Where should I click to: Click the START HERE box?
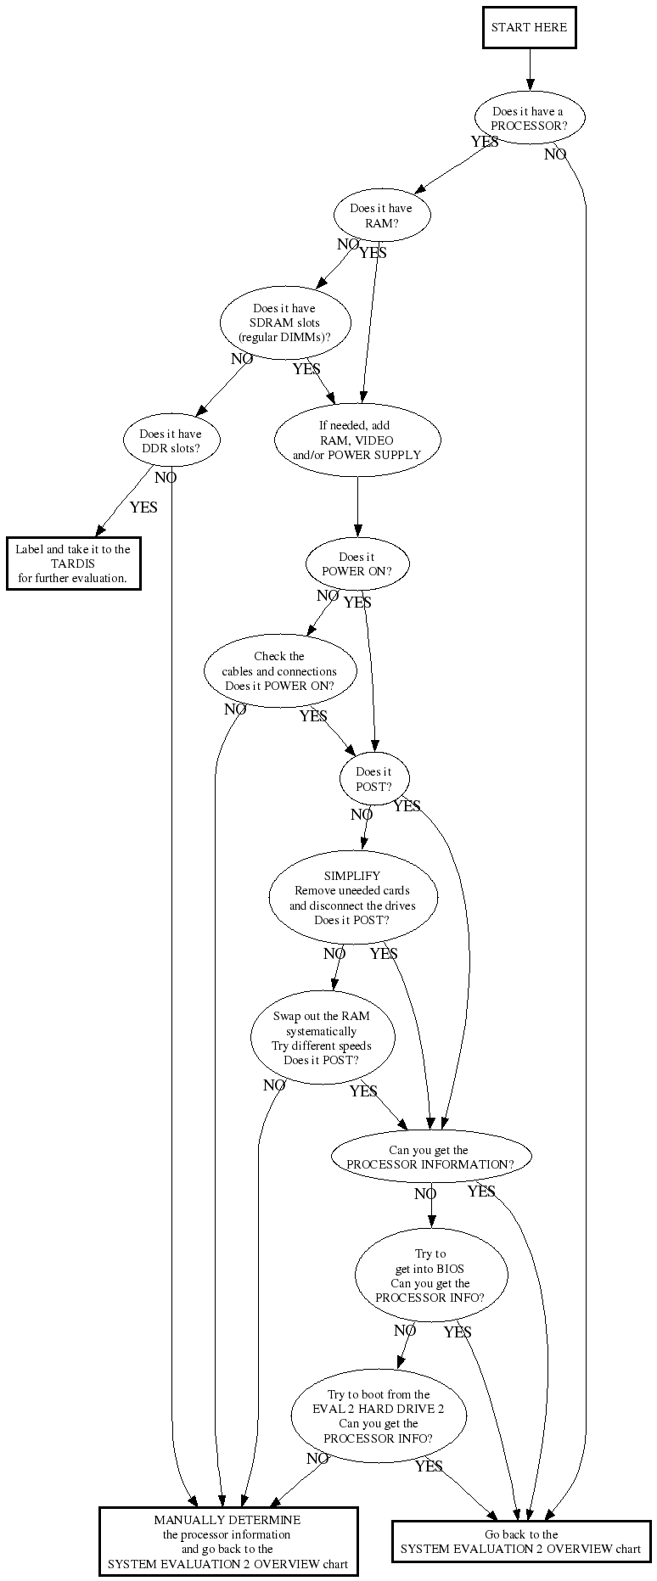(529, 27)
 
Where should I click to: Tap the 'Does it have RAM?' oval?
(381, 216)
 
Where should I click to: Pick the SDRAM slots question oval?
(284, 323)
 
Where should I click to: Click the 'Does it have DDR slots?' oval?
(171, 440)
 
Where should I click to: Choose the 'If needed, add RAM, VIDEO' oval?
(357, 440)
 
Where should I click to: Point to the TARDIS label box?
(73, 563)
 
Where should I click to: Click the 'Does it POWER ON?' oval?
(357, 564)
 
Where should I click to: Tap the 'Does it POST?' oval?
(373, 779)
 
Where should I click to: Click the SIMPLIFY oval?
(352, 898)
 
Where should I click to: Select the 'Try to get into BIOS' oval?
(430, 1275)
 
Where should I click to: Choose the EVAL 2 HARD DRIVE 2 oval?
(378, 1417)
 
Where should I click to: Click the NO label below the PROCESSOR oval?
(555, 154)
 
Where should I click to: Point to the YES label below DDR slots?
(143, 507)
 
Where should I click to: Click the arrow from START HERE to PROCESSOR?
(530, 68)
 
